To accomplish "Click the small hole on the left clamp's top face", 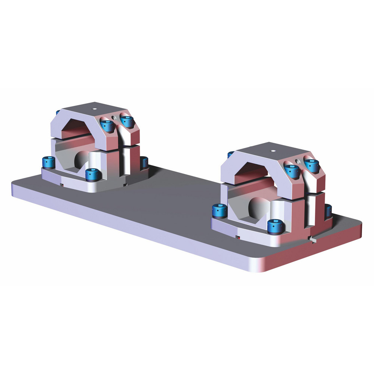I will tap(94, 110).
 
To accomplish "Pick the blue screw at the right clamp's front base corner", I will tap(275, 226).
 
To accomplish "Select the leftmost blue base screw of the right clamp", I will tap(220, 211).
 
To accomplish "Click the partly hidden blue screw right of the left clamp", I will tap(144, 162).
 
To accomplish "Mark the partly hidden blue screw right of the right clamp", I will tap(328, 211).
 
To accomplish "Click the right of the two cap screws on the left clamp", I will tap(127, 120).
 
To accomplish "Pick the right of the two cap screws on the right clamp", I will tap(312, 165).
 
